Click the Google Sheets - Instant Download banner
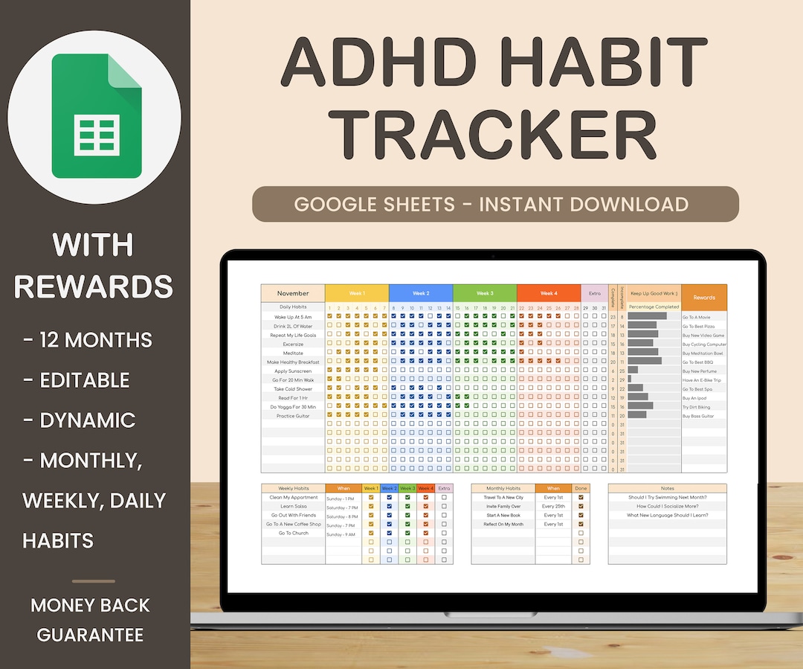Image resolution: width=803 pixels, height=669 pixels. [495, 204]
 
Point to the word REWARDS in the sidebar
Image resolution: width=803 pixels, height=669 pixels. [94, 287]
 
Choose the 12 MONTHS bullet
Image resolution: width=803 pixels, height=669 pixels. [88, 340]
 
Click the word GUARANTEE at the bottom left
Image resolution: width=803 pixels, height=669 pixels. [90, 635]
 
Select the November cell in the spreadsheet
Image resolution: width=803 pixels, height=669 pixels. [293, 293]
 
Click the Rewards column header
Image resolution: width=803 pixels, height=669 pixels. [704, 298]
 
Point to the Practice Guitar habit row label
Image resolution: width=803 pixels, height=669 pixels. [293, 416]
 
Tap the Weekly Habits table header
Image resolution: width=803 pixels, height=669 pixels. [293, 489]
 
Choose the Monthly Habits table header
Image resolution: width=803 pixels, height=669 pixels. [503, 489]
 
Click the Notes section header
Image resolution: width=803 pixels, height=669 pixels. [667, 489]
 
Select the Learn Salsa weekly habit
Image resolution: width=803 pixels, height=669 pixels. [293, 506]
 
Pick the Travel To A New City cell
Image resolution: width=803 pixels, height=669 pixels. [503, 497]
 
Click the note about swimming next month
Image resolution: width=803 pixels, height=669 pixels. [667, 497]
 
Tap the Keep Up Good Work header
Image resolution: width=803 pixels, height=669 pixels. [654, 293]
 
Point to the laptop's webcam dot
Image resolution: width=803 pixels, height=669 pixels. [493, 256]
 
